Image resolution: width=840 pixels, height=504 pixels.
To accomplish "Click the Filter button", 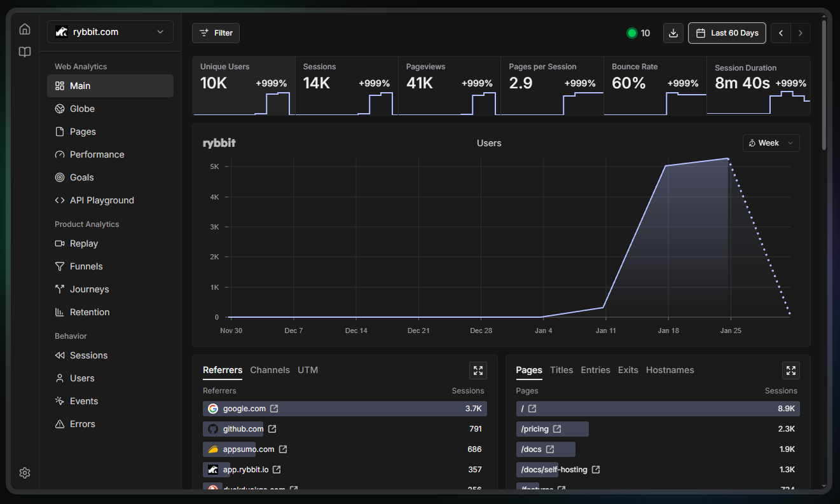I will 216,33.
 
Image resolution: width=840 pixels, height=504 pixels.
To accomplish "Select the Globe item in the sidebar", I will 82,109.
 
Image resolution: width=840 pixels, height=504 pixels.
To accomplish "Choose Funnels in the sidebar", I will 86,266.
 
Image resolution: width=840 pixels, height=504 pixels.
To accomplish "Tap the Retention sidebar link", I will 90,312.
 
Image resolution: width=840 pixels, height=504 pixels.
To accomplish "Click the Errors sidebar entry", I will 83,424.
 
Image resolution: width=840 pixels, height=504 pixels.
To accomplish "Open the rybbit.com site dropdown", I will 110,32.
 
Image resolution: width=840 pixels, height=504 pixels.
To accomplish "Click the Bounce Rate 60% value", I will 628,83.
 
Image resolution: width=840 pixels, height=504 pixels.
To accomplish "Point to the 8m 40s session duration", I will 742,83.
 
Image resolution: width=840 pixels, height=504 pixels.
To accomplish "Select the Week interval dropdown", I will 771,143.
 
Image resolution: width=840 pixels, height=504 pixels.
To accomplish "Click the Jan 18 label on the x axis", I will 668,330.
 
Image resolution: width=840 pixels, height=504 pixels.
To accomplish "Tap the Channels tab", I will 270,370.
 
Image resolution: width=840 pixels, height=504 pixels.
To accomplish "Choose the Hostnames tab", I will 670,370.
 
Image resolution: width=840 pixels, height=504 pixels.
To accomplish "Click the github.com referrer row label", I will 243,429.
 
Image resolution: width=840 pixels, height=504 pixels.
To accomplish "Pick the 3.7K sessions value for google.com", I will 473,409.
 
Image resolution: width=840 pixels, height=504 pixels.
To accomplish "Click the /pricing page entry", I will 535,429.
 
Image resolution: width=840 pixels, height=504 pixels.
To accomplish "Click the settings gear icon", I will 25,473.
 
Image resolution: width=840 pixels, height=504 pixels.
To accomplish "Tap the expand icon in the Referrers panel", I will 478,371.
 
